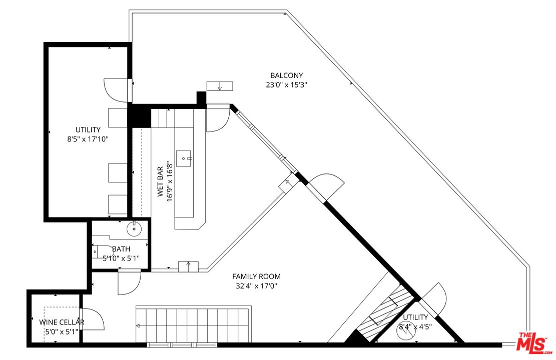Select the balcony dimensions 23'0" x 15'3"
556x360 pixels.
click(286, 85)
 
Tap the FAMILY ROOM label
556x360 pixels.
click(256, 276)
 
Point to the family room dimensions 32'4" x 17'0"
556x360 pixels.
click(256, 286)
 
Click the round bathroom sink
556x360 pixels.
click(134, 229)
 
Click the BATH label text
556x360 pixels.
click(121, 249)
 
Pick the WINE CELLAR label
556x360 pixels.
click(62, 322)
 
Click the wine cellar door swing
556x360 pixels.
click(93, 319)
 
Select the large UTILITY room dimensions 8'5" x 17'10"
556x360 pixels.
click(88, 139)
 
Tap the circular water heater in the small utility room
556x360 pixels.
click(407, 332)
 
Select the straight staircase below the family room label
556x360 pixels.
click(193, 325)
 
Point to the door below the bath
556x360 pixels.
click(129, 282)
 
